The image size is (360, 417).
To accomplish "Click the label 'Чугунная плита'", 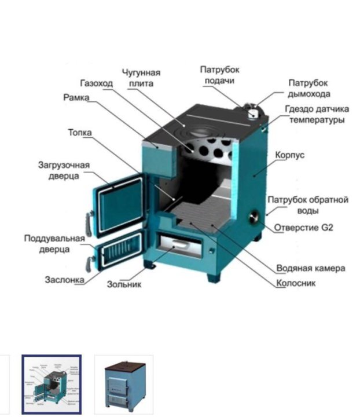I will (x=141, y=78).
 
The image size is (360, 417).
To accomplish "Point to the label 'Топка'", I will (x=80, y=133).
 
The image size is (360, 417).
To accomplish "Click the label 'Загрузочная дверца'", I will (x=64, y=170).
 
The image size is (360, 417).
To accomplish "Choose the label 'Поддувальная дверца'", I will (x=54, y=243).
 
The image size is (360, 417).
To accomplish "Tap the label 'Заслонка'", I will (x=64, y=280).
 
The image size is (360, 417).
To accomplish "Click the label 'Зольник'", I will (x=124, y=284).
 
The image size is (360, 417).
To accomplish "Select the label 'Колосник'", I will (x=296, y=284).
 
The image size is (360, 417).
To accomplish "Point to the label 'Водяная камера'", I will (x=311, y=268).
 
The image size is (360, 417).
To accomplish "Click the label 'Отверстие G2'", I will (x=303, y=227).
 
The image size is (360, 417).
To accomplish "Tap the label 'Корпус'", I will (x=291, y=155).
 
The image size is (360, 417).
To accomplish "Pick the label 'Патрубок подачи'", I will (x=219, y=75).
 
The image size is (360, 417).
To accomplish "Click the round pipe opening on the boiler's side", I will (x=253, y=218).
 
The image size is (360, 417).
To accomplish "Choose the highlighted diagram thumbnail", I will (x=52, y=384).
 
